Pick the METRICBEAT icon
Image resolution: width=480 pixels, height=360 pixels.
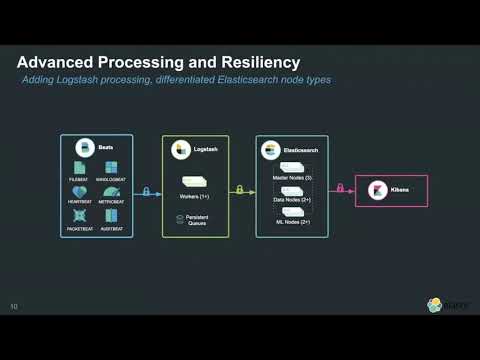[110, 191]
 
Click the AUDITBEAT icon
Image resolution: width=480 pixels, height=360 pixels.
[110, 215]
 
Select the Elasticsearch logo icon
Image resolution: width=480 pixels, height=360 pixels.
[270, 150]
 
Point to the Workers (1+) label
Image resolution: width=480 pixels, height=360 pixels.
[195, 195]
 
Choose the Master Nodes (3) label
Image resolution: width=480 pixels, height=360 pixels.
[292, 177]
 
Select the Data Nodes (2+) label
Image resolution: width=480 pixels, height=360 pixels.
[292, 200]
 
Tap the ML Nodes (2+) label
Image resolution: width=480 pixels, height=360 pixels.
[292, 221]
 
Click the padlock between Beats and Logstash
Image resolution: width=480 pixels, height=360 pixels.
[146, 190]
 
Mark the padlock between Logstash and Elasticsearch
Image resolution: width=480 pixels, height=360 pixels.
[239, 189]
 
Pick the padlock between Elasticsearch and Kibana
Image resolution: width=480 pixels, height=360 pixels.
[340, 189]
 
